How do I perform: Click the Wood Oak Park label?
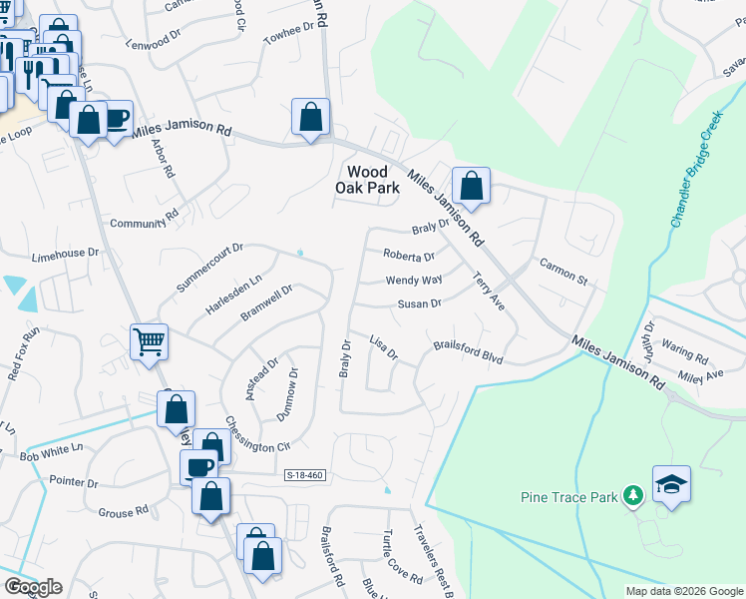click(373, 180)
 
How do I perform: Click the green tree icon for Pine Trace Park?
click(631, 494)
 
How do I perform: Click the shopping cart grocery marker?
click(149, 341)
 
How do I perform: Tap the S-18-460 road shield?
click(304, 476)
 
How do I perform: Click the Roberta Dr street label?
click(410, 257)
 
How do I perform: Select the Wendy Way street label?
click(414, 281)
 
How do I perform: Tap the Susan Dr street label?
click(419, 303)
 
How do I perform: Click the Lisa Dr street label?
click(384, 347)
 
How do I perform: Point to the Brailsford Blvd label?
click(468, 351)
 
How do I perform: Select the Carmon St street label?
click(564, 271)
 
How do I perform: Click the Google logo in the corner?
click(33, 587)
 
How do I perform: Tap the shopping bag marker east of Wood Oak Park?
click(471, 186)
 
